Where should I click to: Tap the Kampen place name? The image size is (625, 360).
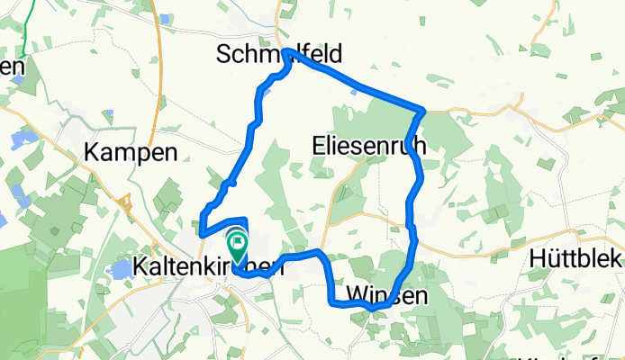pyautogui.click(x=131, y=152)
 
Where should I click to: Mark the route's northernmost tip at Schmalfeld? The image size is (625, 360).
pyautogui.click(x=287, y=52)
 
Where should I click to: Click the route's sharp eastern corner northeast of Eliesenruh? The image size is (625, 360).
pyautogui.click(x=421, y=111)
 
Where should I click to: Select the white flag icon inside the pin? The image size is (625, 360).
pyautogui.click(x=238, y=240)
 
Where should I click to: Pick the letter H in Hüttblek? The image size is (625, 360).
pyautogui.click(x=534, y=256)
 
